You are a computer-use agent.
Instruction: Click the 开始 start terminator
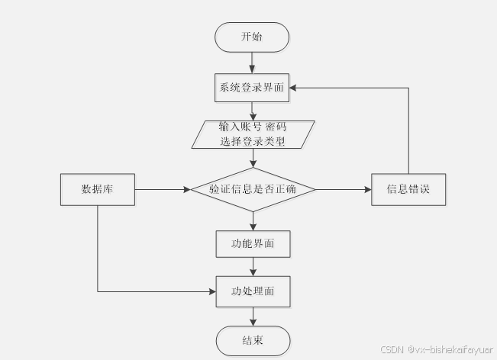click(x=252, y=37)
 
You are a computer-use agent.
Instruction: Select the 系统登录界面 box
click(x=252, y=88)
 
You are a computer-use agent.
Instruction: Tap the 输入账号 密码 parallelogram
click(x=252, y=133)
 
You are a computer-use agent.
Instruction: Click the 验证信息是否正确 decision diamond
click(x=252, y=190)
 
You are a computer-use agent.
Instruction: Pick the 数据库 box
click(x=98, y=189)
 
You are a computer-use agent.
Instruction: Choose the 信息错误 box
click(x=408, y=189)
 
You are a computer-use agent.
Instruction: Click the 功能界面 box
click(x=253, y=244)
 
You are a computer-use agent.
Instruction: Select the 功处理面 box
click(x=253, y=291)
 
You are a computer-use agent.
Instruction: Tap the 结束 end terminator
click(x=253, y=340)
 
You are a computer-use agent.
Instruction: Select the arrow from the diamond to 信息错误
click(x=344, y=189)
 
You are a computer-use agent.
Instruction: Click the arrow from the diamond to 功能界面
click(x=253, y=221)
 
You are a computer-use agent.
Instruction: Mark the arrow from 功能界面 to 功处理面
click(x=253, y=267)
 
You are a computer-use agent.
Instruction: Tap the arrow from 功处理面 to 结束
click(x=253, y=316)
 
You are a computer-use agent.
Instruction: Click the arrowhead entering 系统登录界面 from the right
click(x=295, y=88)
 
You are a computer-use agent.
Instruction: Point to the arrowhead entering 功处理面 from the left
click(x=211, y=291)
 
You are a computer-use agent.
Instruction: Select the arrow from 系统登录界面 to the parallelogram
click(x=252, y=110)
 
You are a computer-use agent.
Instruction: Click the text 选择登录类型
click(x=252, y=141)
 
